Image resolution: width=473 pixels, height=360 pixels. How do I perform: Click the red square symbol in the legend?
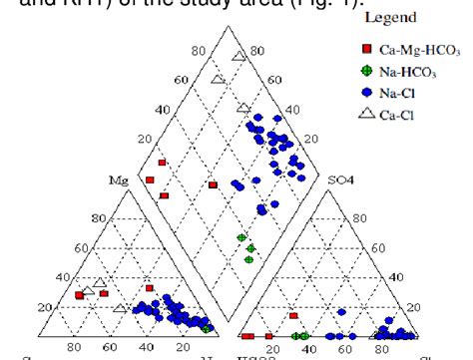(366, 48)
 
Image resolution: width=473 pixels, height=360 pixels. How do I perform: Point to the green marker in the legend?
(366, 71)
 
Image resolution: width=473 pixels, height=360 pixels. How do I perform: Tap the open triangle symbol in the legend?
(366, 116)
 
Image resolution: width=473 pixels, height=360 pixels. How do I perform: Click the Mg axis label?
(121, 180)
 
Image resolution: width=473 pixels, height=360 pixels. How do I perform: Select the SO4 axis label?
(340, 180)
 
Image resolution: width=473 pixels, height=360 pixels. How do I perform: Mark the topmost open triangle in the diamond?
(237, 56)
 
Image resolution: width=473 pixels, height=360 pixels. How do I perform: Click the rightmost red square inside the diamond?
(213, 184)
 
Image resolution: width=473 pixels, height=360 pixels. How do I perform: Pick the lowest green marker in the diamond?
(248, 259)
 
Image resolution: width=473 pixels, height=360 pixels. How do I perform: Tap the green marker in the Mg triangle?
(206, 327)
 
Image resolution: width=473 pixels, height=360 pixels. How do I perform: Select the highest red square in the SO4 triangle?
(293, 315)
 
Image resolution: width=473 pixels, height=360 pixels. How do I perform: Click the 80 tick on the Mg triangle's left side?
(98, 217)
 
